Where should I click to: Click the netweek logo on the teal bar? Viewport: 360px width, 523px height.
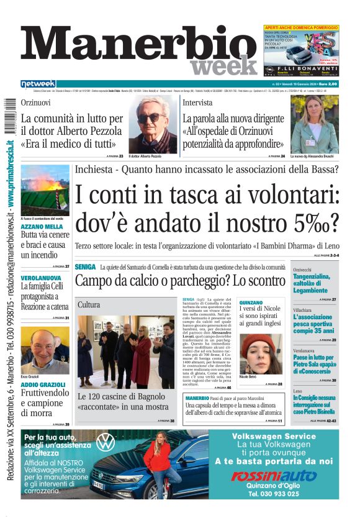tap(38, 84)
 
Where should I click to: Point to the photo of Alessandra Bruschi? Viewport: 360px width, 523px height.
tap(313, 125)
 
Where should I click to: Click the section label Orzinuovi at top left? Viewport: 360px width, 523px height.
tap(36, 102)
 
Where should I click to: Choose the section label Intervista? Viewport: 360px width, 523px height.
tap(197, 102)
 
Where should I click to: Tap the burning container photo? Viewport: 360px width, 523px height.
tap(45, 190)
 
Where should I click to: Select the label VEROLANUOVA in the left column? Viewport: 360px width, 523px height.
tap(40, 278)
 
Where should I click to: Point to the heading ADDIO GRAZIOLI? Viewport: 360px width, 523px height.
tap(43, 384)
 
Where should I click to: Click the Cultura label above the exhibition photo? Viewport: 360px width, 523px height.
tap(89, 305)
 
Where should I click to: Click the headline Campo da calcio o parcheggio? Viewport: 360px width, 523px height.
tap(180, 280)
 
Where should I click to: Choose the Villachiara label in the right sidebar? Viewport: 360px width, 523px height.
tap(304, 309)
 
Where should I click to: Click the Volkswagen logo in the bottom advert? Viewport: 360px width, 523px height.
tap(106, 442)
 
